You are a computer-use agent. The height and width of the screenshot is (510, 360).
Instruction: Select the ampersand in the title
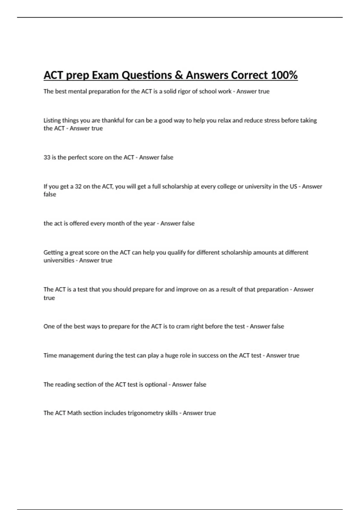[x=178, y=75]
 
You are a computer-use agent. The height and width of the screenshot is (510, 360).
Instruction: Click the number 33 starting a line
[x=47, y=157]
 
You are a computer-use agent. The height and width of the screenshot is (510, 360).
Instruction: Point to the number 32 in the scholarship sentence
[x=78, y=186]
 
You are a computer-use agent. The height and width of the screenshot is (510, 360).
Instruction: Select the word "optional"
[x=156, y=384]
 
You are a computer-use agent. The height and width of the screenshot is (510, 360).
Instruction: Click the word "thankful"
[x=113, y=120]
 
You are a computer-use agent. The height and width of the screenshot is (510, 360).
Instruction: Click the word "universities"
[x=59, y=260]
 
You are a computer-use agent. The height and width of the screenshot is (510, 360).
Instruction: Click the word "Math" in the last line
[x=74, y=413]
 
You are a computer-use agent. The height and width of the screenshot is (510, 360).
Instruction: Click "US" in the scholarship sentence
[x=293, y=186]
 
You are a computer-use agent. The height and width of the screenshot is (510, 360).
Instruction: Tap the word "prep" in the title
[x=77, y=75]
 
